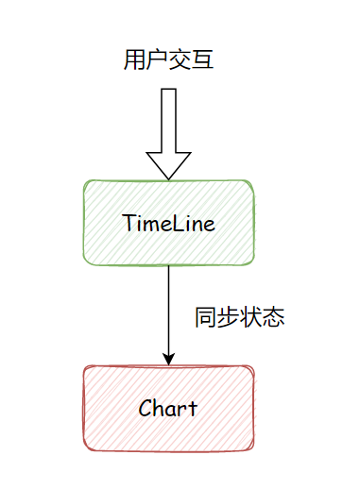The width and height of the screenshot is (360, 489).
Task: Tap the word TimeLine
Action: pos(169,224)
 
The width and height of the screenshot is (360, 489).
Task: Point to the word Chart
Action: pos(168,409)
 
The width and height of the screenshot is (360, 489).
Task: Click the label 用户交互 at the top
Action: pos(169,61)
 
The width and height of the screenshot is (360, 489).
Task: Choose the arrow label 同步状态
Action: pos(240,317)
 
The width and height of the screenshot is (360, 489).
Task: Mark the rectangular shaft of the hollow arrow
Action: pos(169,118)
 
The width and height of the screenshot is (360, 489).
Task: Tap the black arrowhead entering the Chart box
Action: pos(169,358)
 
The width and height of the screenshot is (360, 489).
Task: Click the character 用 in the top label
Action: pos(134,61)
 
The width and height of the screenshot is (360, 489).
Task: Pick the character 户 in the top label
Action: pos(157,61)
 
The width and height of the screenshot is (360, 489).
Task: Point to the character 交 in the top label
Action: pos(180,61)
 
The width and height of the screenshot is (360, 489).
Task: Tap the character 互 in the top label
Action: pos(204,61)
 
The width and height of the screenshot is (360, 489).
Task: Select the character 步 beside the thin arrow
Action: pos(229,317)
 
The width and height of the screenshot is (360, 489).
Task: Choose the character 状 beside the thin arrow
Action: pos(251,317)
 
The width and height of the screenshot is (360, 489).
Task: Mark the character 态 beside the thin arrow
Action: pos(274,317)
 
